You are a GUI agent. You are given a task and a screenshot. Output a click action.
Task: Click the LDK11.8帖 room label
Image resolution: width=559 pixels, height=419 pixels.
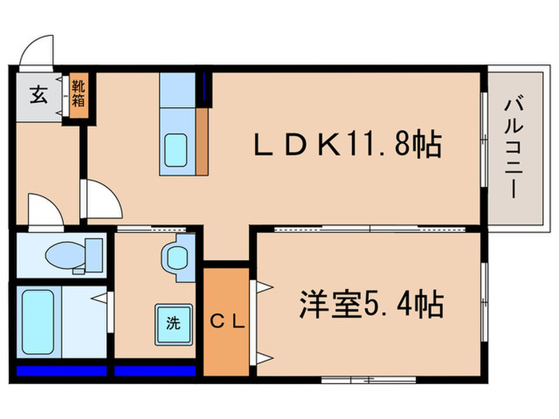tap(347, 145)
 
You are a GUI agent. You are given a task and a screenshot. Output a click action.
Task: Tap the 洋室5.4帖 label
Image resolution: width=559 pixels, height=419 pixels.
tap(371, 304)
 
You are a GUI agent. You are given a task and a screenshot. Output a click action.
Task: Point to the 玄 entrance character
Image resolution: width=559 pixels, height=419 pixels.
tap(38, 95)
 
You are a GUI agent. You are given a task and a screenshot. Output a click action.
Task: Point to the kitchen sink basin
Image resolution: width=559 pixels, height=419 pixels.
tap(176, 148)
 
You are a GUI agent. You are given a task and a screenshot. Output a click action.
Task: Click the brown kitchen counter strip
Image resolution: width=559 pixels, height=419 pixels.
tap(202, 140)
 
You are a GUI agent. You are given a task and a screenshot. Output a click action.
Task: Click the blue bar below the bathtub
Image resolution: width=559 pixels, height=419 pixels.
tap(61, 370)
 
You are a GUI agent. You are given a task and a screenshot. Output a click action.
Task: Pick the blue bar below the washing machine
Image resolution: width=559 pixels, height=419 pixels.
tap(155, 370)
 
